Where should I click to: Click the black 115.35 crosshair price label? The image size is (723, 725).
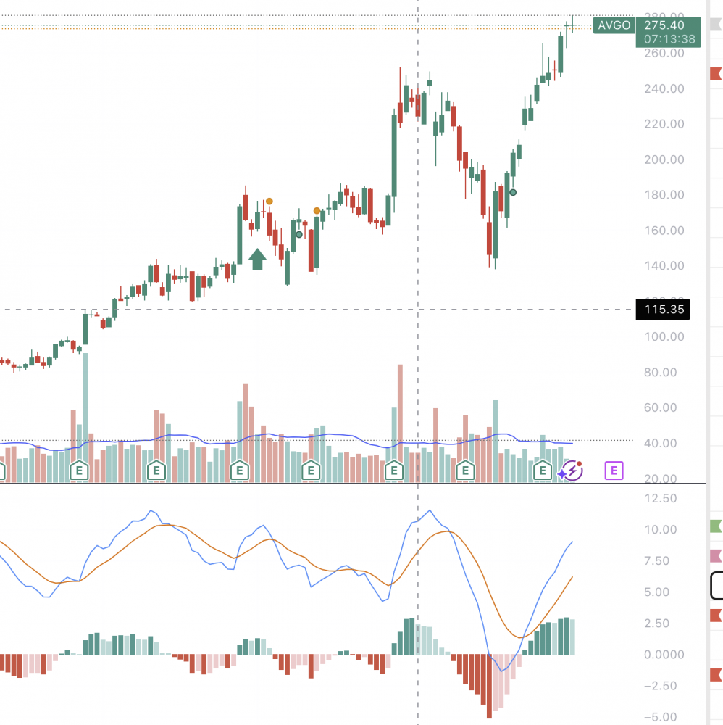click(661, 310)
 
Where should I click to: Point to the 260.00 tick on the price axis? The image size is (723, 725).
click(664, 53)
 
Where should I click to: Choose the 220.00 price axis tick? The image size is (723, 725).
click(664, 124)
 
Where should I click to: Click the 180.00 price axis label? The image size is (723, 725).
click(664, 195)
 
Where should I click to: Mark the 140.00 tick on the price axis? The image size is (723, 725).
click(664, 266)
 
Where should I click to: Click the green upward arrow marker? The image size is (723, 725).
click(257, 258)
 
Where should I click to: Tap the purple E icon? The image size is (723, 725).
click(614, 471)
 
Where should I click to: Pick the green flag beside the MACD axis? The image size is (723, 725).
click(716, 526)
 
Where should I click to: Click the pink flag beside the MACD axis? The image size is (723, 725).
click(716, 557)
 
